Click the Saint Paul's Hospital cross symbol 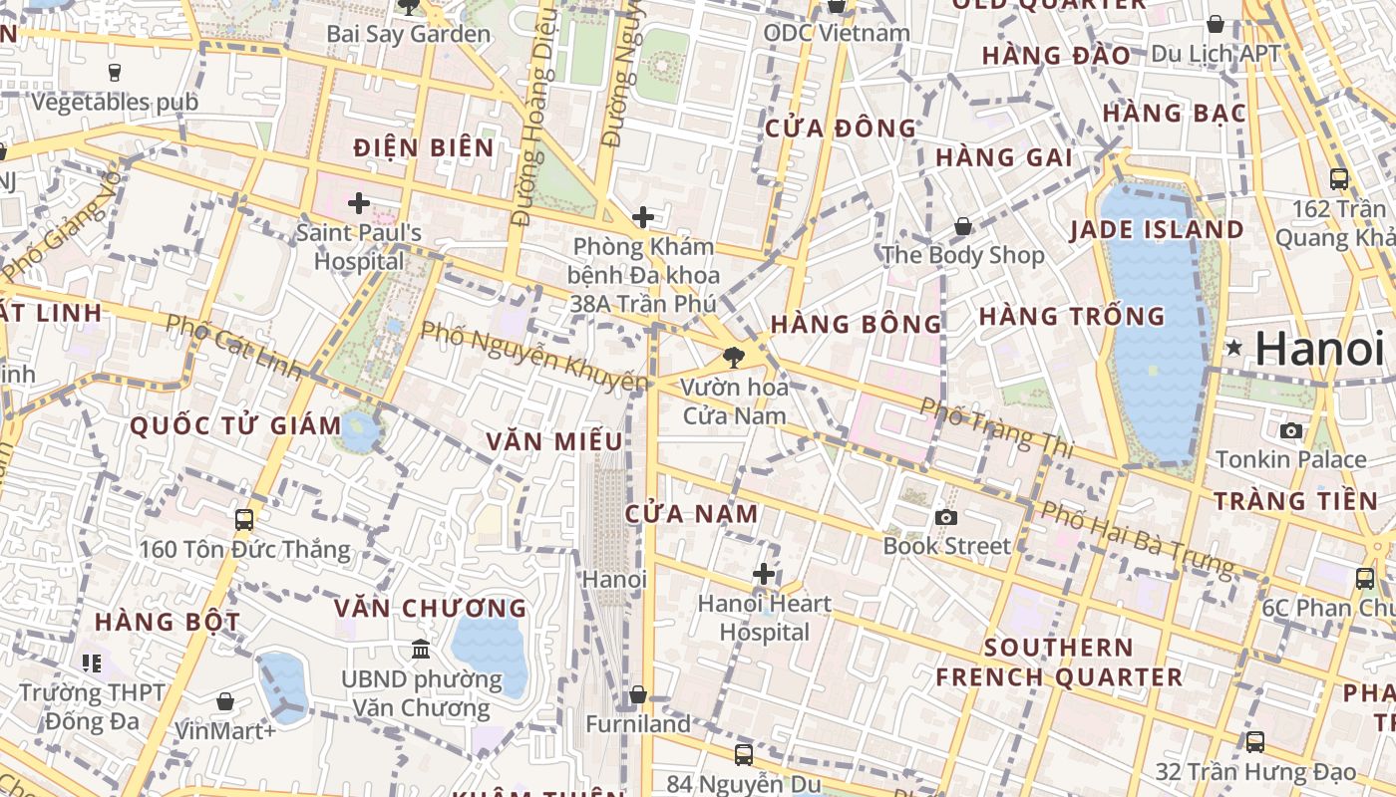(x=359, y=204)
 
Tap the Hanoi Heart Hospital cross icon (x=764, y=574)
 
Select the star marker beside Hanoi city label (x=1234, y=348)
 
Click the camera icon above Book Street (x=945, y=517)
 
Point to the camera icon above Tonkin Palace (x=1291, y=430)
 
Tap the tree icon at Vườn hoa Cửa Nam (x=735, y=357)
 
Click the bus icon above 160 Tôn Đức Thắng (x=244, y=520)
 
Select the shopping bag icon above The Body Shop (x=963, y=227)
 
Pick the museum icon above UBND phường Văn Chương (x=421, y=650)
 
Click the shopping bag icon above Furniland (x=638, y=694)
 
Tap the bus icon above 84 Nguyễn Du (x=743, y=755)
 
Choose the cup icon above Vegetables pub (x=114, y=73)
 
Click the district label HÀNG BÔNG (x=857, y=324)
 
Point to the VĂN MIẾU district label (x=554, y=441)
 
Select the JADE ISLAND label (x=1157, y=230)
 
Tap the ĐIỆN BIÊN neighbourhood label (x=424, y=148)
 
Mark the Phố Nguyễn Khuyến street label (x=533, y=356)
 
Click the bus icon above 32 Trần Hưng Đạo (x=1254, y=742)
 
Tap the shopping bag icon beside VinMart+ (x=224, y=701)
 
